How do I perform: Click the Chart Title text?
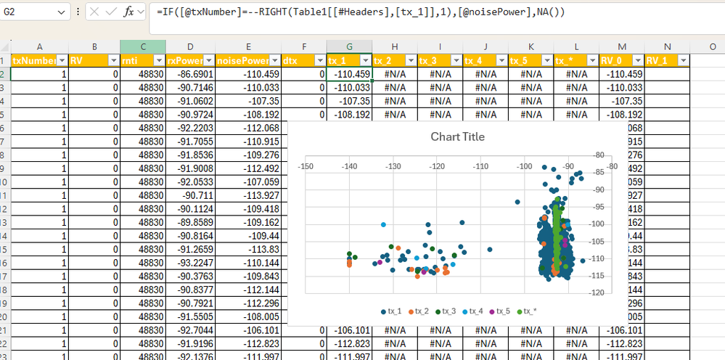click(457, 136)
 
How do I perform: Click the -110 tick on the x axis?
click(480, 166)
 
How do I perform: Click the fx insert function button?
click(129, 12)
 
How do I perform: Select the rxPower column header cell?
click(184, 60)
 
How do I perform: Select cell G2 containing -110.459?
click(349, 74)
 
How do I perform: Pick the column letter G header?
click(349, 46)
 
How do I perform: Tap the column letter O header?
click(713, 46)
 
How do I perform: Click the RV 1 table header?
click(659, 60)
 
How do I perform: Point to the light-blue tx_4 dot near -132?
click(383, 225)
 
